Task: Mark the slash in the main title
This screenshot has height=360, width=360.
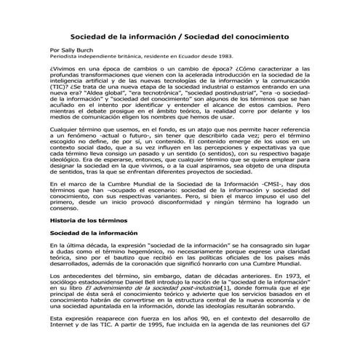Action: coord(180,36)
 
